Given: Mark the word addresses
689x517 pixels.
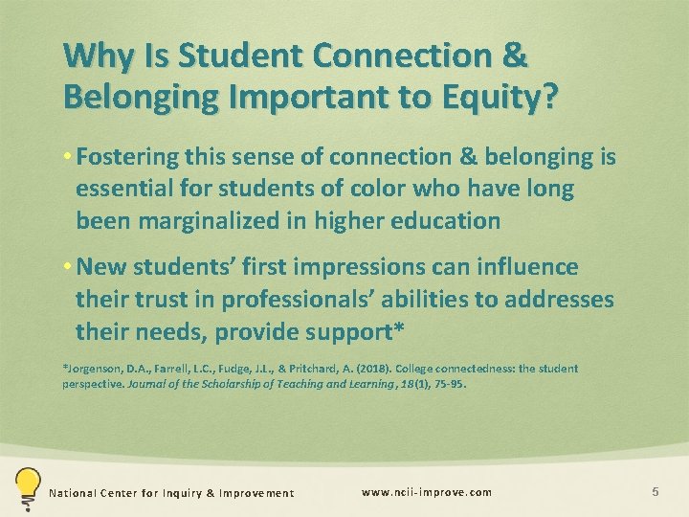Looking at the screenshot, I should point(557,299).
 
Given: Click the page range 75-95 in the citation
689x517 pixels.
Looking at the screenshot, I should point(449,386).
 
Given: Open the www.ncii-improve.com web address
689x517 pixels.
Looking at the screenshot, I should point(427,492).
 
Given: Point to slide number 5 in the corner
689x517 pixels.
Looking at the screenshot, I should point(656,492).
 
